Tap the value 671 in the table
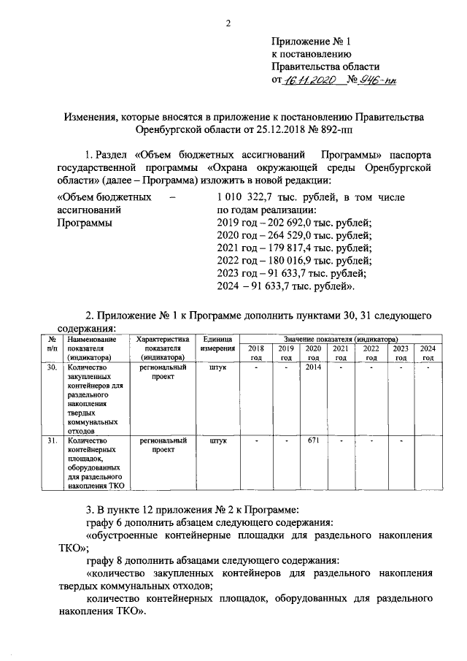click(x=314, y=441)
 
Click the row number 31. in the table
click(x=51, y=441)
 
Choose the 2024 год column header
click(x=428, y=353)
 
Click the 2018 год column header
click(x=256, y=353)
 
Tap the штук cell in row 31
click(x=217, y=441)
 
